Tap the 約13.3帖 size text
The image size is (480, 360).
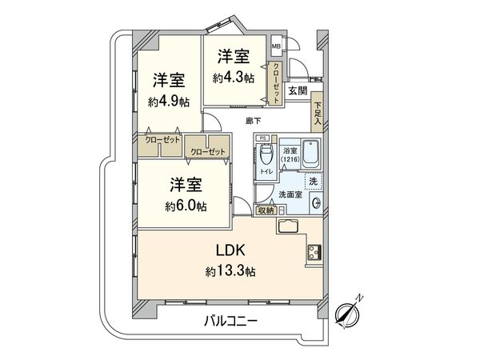(x=230, y=272)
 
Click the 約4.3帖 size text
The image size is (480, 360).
(x=233, y=78)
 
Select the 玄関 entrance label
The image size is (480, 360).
(x=298, y=90)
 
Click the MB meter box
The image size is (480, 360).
(x=276, y=40)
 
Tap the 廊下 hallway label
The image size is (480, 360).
(x=252, y=121)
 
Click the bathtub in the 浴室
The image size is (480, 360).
(x=309, y=153)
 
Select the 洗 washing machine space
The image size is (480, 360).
(x=314, y=182)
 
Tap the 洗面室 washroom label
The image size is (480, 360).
(x=290, y=194)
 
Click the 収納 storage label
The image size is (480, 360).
(x=266, y=210)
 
